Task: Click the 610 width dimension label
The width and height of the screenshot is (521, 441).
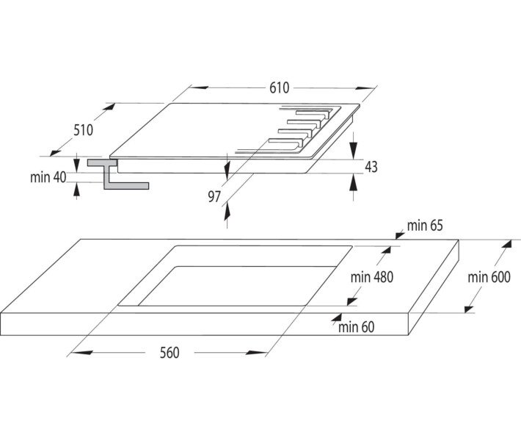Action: click(x=279, y=88)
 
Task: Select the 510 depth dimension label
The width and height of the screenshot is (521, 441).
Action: click(x=84, y=130)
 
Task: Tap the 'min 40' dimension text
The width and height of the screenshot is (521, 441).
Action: click(x=48, y=177)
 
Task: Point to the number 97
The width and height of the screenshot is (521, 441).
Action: click(x=214, y=196)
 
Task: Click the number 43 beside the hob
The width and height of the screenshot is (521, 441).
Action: click(x=371, y=167)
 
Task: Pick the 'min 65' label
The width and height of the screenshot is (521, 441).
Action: click(x=425, y=226)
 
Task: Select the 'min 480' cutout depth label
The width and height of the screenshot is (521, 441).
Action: click(x=372, y=277)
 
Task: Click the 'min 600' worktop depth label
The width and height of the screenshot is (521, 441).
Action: click(x=489, y=277)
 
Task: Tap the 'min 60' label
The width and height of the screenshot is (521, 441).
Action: click(x=356, y=327)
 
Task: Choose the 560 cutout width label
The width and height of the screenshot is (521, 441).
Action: click(x=170, y=353)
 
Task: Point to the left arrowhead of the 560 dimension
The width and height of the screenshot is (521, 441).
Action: click(x=82, y=353)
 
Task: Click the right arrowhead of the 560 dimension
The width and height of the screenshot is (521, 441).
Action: click(x=256, y=353)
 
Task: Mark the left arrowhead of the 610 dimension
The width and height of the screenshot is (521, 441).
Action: click(x=198, y=88)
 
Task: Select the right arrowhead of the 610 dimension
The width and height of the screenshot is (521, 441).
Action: click(x=366, y=88)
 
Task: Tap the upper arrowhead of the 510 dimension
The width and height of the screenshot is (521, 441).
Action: click(x=109, y=107)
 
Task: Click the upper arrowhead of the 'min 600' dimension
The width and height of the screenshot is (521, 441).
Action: click(x=506, y=244)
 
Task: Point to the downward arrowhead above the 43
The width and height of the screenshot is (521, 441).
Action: click(x=354, y=150)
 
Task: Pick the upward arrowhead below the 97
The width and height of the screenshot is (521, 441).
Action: click(x=227, y=212)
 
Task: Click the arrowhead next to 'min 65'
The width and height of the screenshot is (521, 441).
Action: click(x=400, y=236)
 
